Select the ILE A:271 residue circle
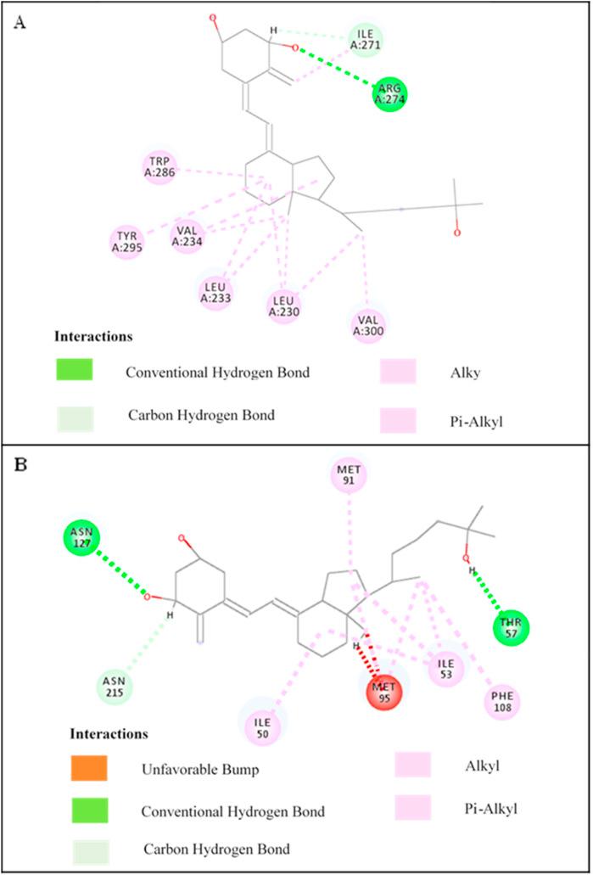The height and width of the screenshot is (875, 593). [x=365, y=39]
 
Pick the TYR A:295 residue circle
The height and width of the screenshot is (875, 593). [x=127, y=241]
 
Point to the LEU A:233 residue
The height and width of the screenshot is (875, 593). [x=215, y=292]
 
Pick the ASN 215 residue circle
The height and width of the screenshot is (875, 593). [x=115, y=683]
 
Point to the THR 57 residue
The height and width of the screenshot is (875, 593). [x=512, y=628]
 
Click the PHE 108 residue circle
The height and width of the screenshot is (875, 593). [x=502, y=701]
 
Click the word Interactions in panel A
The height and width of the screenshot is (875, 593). [x=93, y=336]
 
